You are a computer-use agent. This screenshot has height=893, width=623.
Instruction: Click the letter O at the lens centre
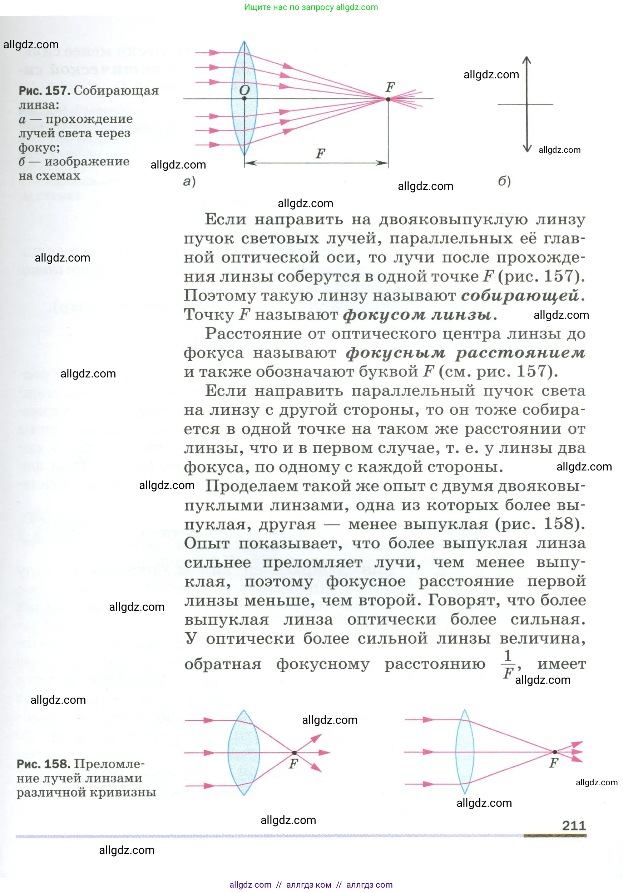click(244, 90)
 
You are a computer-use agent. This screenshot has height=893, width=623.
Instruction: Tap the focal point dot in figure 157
click(388, 99)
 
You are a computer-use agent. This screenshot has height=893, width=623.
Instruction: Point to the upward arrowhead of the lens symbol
click(526, 59)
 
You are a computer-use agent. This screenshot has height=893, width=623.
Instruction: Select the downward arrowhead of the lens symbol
click(526, 148)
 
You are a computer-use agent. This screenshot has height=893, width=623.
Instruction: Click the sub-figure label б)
click(504, 181)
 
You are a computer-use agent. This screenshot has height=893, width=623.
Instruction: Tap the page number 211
click(574, 825)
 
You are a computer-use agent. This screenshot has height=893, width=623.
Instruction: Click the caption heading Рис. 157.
click(44, 91)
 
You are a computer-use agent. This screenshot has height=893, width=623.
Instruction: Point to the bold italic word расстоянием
click(520, 353)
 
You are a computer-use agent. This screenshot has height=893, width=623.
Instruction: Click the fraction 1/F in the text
click(508, 664)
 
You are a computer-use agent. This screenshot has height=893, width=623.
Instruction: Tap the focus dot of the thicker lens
click(294, 753)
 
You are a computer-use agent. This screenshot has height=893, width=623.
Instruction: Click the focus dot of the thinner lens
click(555, 752)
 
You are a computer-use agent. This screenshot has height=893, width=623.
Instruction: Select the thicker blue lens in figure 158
click(243, 753)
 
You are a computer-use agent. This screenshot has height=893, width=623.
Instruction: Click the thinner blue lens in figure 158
click(464, 752)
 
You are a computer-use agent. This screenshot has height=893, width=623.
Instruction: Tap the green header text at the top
click(311, 7)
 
